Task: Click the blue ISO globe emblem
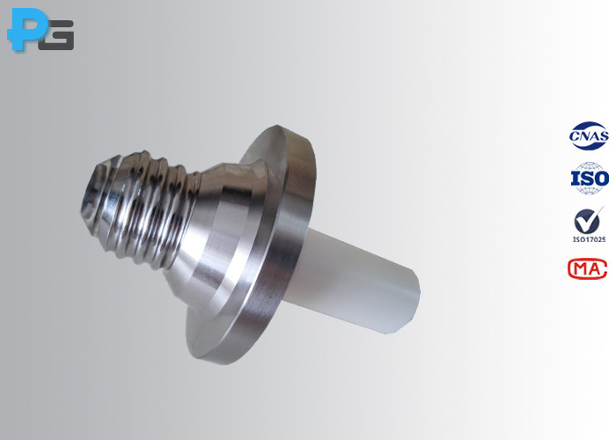click(589, 179)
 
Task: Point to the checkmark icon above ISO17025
click(587, 220)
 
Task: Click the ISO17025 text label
click(587, 239)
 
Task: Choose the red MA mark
click(587, 268)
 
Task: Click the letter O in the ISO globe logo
click(601, 180)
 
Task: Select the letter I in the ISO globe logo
click(576, 180)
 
